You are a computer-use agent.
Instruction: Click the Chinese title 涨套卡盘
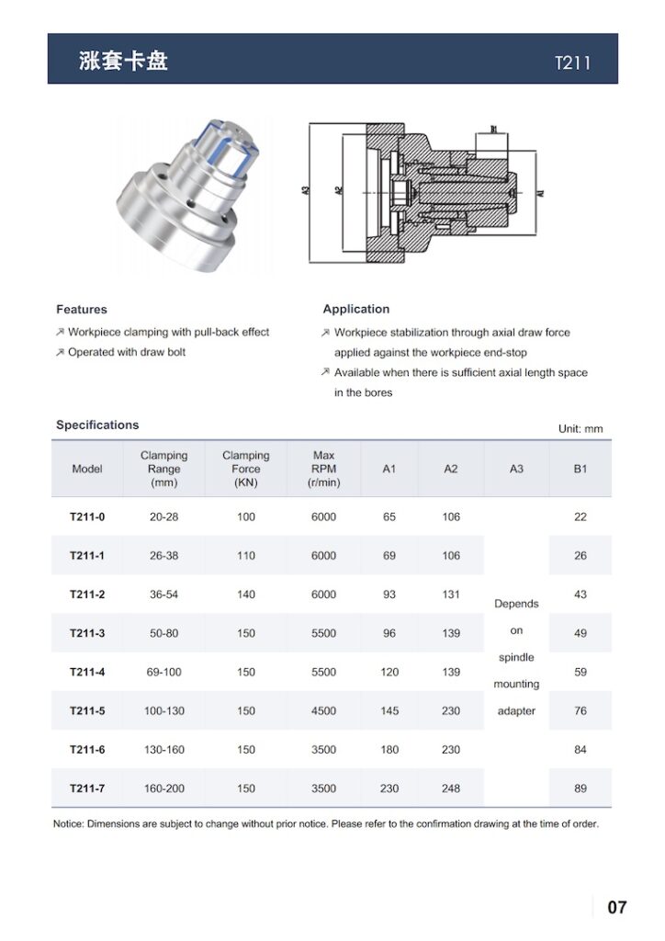tap(123, 61)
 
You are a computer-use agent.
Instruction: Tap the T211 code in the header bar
tap(572, 63)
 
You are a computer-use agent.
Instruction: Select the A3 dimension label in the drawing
tap(305, 191)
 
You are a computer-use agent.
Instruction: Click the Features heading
tap(82, 310)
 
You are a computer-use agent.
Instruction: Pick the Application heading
tap(356, 310)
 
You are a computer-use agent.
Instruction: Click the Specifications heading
tap(97, 425)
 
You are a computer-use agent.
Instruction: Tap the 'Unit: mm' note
tap(580, 429)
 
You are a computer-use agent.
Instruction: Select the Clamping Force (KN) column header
tap(245, 469)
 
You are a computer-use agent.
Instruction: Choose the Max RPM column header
tap(323, 469)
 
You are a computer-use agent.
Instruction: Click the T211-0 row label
tap(87, 517)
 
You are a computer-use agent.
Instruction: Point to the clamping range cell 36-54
tap(163, 595)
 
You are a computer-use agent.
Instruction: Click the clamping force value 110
tap(246, 556)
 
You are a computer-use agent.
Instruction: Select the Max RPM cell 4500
tap(323, 711)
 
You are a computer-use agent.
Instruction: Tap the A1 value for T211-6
tap(389, 750)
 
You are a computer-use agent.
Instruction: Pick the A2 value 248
tap(451, 788)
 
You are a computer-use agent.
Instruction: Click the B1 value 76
tap(580, 711)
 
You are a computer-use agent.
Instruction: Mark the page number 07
tap(617, 908)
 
